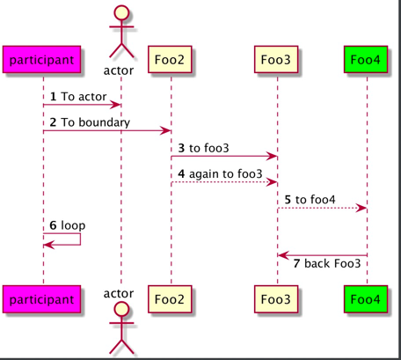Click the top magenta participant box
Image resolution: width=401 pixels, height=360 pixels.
(x=41, y=59)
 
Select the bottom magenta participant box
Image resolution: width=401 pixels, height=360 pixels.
(x=41, y=299)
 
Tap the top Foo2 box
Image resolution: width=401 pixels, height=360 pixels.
(x=170, y=59)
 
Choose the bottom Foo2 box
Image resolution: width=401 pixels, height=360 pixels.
(x=170, y=299)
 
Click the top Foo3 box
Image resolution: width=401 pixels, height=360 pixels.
(x=276, y=59)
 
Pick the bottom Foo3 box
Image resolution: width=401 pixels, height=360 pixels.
(x=276, y=299)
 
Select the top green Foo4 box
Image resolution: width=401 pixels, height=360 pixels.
(x=366, y=59)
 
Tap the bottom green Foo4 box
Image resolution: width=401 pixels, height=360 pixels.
(x=366, y=299)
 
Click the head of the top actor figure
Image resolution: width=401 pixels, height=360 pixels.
(x=121, y=12)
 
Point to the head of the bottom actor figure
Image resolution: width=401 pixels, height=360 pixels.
(x=121, y=309)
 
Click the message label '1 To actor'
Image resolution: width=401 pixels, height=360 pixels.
(x=78, y=97)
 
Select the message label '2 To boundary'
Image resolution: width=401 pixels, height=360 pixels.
(x=90, y=122)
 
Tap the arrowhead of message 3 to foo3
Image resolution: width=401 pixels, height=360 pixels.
(x=272, y=157)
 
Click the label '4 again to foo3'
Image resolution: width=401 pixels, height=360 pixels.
(x=220, y=174)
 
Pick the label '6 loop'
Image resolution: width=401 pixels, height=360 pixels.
(x=68, y=225)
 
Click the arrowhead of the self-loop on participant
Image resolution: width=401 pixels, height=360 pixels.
(x=49, y=245)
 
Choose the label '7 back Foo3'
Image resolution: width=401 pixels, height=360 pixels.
(x=327, y=263)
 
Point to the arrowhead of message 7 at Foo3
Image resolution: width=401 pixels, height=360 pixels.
(x=283, y=255)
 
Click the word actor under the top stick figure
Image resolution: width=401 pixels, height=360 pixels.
(x=119, y=70)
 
